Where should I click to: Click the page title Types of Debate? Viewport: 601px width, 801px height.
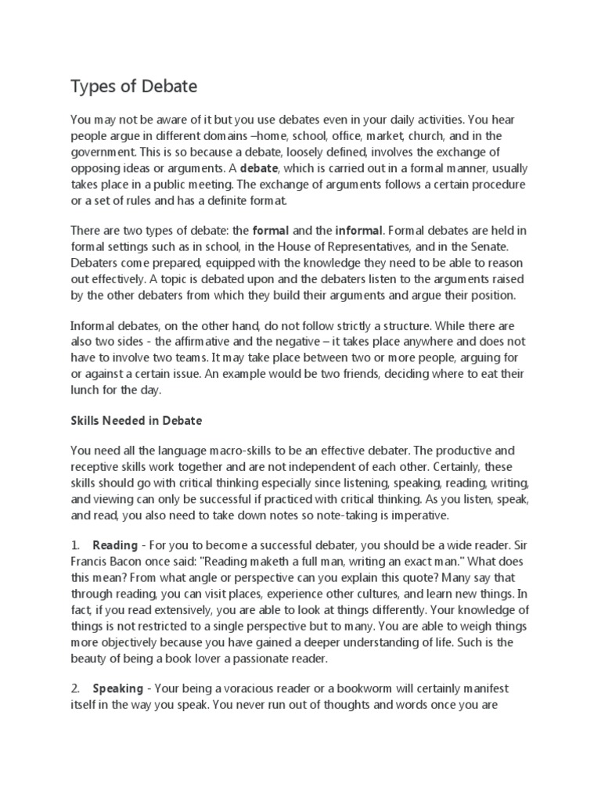click(136, 86)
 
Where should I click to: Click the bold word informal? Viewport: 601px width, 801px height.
click(359, 231)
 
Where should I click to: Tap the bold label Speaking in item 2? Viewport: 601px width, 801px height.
click(117, 688)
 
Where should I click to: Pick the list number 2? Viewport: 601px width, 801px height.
click(74, 688)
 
